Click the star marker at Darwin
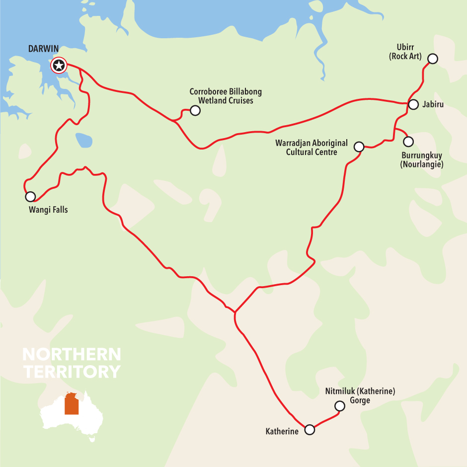(x=59, y=65)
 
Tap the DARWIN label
(x=44, y=49)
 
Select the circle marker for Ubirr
(x=433, y=59)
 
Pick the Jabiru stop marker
(x=413, y=104)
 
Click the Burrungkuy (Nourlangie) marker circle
(x=408, y=142)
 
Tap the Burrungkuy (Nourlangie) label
(x=421, y=159)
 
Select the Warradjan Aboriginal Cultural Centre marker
(x=359, y=147)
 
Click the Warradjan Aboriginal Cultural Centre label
(x=311, y=148)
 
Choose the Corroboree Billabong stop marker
(x=195, y=110)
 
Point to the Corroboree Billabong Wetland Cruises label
(x=226, y=96)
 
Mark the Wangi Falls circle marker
(x=30, y=196)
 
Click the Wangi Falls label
(x=48, y=210)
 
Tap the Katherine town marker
(x=310, y=430)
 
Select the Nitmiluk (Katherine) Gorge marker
(x=340, y=406)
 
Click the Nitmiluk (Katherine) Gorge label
(x=360, y=395)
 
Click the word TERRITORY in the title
(x=72, y=372)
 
